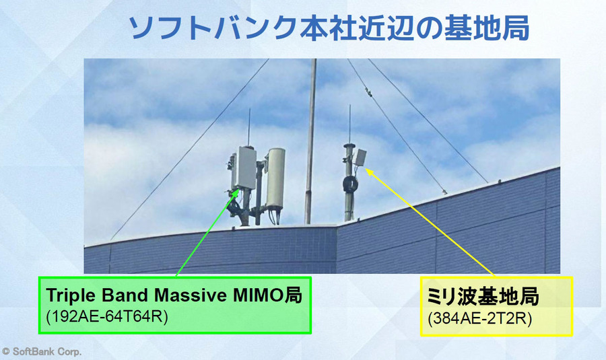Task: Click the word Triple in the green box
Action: tap(70, 296)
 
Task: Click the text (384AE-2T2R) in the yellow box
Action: tap(480, 316)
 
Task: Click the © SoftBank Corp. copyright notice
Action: tap(42, 351)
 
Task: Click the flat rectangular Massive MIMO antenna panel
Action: tap(243, 168)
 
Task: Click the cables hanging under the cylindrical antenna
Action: tap(274, 214)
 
